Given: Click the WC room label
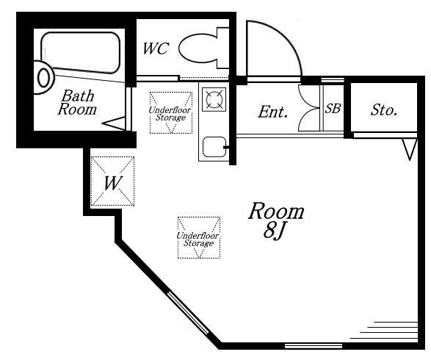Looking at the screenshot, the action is tap(156, 48).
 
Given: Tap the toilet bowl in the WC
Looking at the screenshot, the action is tap(198, 48).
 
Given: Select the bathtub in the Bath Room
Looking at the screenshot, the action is tap(81, 52).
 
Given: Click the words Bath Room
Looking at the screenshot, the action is tap(77, 102).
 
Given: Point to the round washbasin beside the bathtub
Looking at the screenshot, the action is tap(43, 78).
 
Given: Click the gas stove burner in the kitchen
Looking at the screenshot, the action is tap(214, 99).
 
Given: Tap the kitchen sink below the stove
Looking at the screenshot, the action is tap(214, 147).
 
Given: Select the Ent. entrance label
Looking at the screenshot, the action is tap(272, 112).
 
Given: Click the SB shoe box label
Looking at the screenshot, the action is tap(333, 108).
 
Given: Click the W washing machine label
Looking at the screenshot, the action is tap(113, 183).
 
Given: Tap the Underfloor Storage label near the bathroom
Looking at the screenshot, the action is tap(170, 114).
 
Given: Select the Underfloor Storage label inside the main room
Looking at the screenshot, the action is tap(198, 239).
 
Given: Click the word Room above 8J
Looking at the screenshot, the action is tap(276, 211).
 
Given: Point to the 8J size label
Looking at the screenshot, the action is tap(273, 231).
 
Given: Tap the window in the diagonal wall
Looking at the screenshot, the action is tap(189, 313).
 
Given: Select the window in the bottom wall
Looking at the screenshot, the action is tap(314, 346).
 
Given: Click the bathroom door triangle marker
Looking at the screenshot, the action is tap(114, 123).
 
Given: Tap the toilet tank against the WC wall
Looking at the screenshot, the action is tap(223, 48).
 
